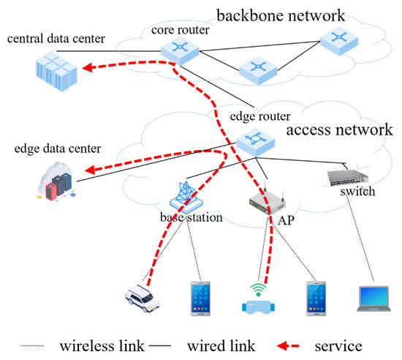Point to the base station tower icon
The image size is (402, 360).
coord(185,195)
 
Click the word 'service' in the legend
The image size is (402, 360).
coord(338,344)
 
